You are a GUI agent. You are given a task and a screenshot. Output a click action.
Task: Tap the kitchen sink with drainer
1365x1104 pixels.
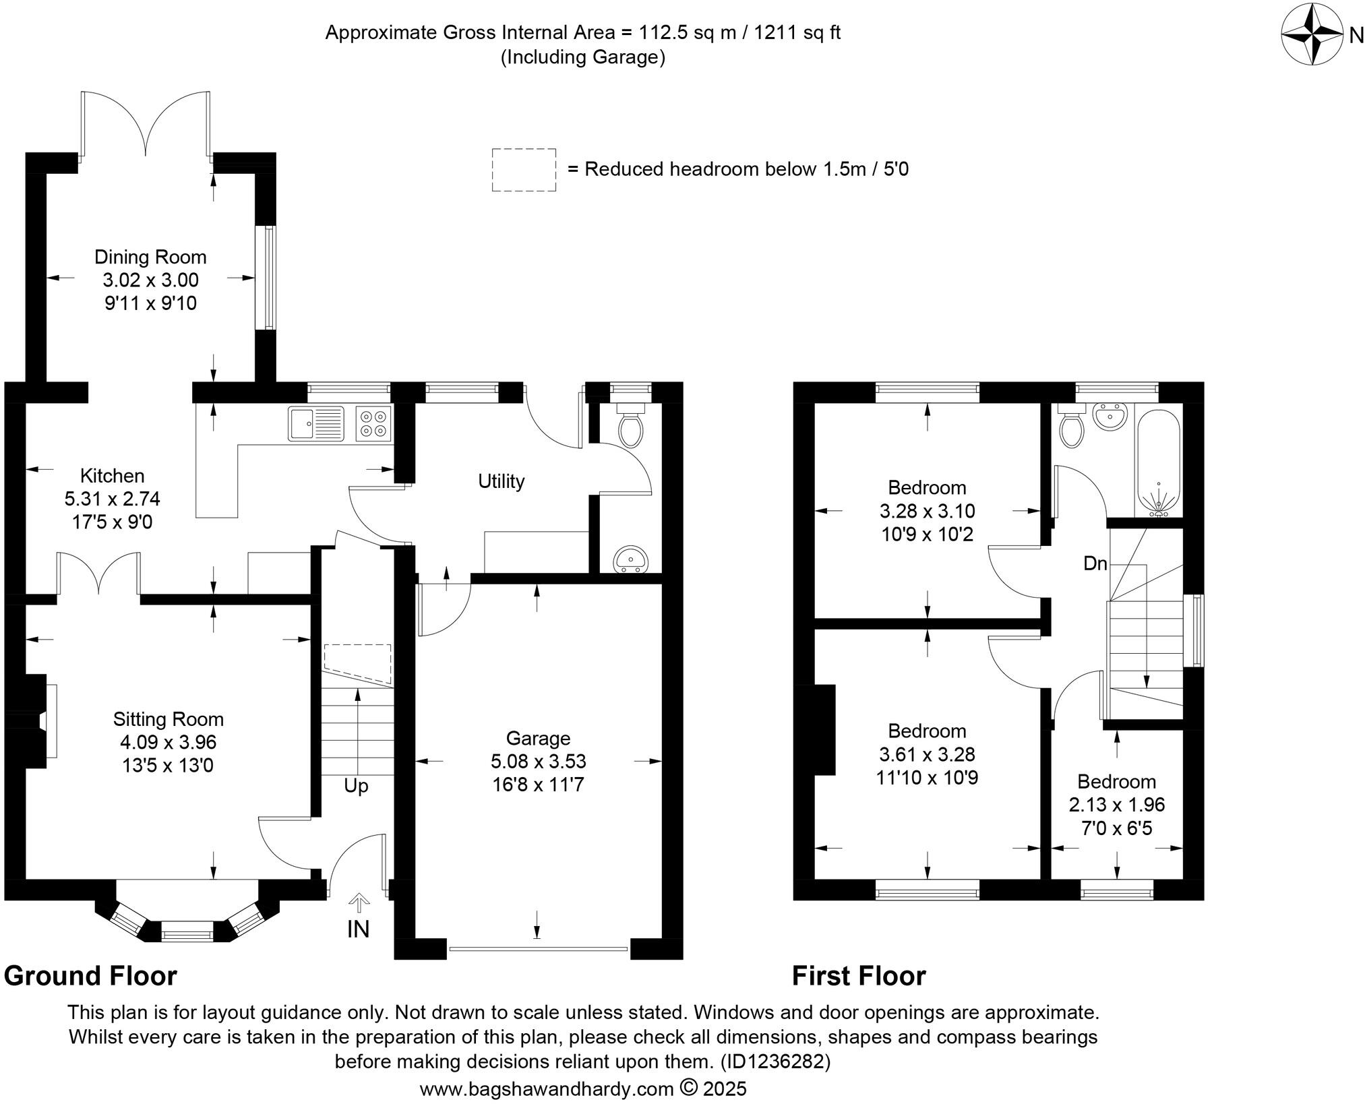click(x=316, y=423)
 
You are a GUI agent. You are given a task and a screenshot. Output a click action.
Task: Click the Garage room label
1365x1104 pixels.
click(x=538, y=738)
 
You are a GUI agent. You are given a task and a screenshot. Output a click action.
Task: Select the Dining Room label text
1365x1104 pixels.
click(x=150, y=257)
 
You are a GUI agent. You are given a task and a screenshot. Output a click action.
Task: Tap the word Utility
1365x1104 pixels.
click(x=501, y=481)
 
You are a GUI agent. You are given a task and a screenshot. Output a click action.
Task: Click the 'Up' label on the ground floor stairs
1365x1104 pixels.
click(x=356, y=786)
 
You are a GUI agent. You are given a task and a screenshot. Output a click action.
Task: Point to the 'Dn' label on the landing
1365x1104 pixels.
click(x=1095, y=563)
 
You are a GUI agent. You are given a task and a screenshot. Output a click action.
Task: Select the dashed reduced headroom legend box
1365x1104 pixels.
click(x=524, y=170)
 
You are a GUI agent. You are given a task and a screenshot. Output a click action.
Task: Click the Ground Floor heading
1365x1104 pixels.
click(x=90, y=976)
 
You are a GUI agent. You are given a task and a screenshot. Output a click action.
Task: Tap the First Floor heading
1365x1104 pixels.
click(x=859, y=976)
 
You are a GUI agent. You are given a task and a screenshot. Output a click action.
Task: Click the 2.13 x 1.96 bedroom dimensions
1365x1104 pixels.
click(x=1116, y=805)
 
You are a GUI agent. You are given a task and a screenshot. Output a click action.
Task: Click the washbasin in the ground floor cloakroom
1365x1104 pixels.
click(x=631, y=559)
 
